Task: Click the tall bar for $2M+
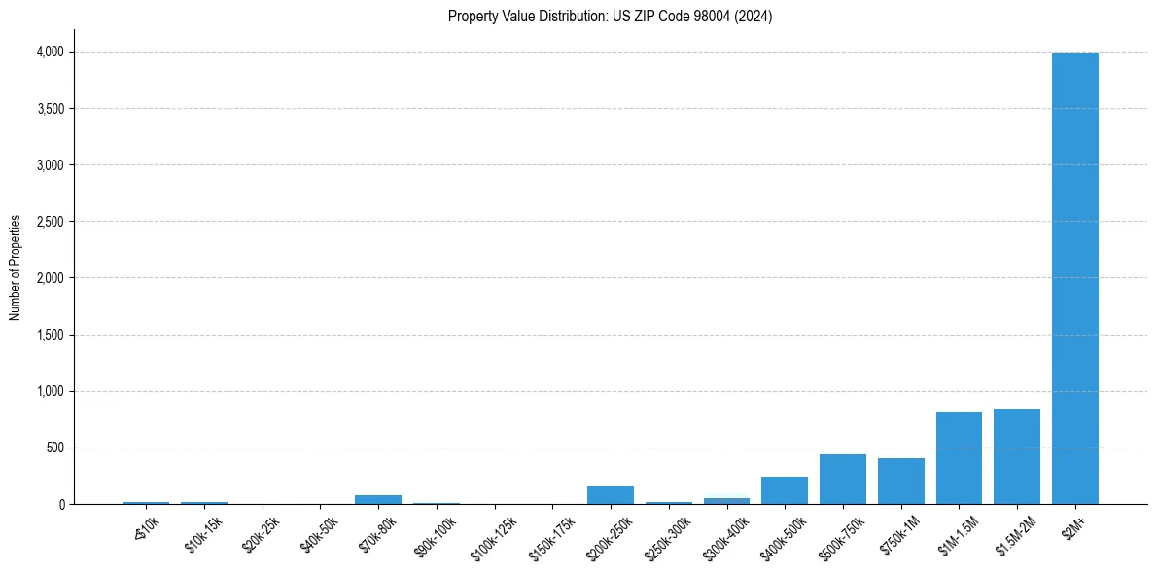(x=1074, y=278)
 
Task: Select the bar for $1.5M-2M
(x=1016, y=456)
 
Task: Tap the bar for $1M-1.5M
(x=959, y=458)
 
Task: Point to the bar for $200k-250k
(x=611, y=495)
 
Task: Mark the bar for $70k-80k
(x=378, y=499)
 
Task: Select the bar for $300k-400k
(x=726, y=501)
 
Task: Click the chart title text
(x=610, y=17)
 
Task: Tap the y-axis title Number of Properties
(x=16, y=267)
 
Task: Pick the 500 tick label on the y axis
(x=55, y=448)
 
